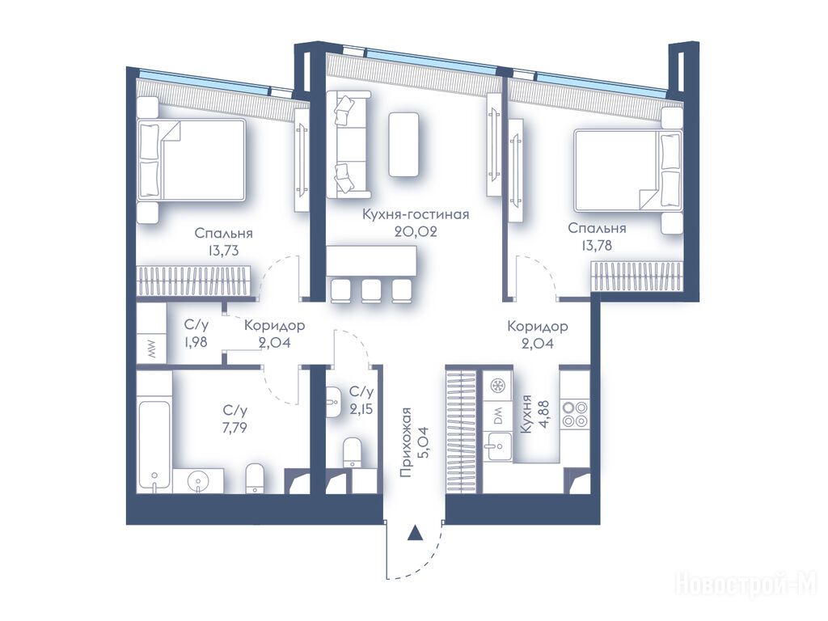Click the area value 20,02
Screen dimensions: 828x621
tap(416, 231)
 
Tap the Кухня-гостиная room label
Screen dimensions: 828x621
tap(416, 214)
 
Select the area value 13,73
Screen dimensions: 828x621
tap(223, 251)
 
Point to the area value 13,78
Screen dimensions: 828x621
tap(597, 245)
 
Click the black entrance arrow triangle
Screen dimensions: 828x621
tap(416, 534)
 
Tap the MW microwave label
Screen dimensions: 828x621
tap(152, 350)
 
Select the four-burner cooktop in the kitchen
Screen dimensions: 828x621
tap(574, 414)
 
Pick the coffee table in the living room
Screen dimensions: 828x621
tap(404, 144)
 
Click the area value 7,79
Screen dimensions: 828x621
tap(234, 427)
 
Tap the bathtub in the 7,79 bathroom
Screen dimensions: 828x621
tap(154, 446)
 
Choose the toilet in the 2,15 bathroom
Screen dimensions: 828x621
tap(353, 451)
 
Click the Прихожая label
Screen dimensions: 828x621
tap(405, 442)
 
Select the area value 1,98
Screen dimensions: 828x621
tap(196, 342)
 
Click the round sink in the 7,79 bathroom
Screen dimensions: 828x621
tap(199, 480)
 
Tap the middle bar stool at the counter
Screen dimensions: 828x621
tap(371, 290)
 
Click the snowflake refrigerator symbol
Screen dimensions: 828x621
tap(497, 384)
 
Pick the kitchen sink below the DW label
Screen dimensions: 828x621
tap(497, 446)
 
